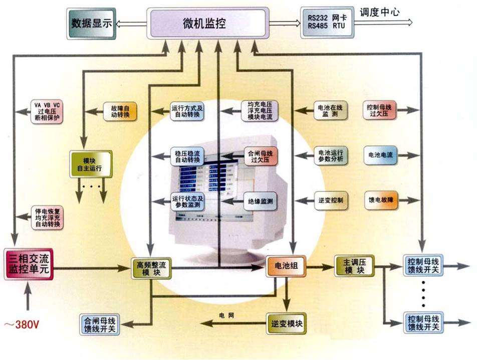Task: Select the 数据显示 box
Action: (91, 23)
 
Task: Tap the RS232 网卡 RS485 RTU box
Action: (326, 23)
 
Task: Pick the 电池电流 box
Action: (380, 155)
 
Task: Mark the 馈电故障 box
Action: (381, 201)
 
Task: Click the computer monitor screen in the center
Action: (213, 186)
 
